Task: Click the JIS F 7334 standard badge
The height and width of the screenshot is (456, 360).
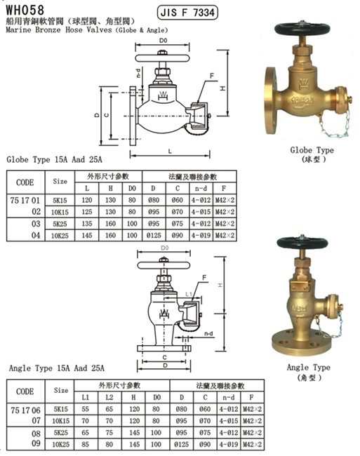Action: click(187, 13)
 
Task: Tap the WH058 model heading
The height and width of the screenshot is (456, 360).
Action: click(25, 11)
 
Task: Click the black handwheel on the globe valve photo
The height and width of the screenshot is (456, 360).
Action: click(302, 29)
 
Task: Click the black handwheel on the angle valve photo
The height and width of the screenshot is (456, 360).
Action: click(302, 243)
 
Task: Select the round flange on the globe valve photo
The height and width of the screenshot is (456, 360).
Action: click(270, 100)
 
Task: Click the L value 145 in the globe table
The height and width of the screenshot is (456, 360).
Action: click(87, 235)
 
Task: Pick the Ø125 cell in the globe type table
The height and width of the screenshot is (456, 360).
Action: click(154, 235)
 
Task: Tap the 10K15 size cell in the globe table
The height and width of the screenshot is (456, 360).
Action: click(60, 212)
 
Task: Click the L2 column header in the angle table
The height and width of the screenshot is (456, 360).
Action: click(109, 397)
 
